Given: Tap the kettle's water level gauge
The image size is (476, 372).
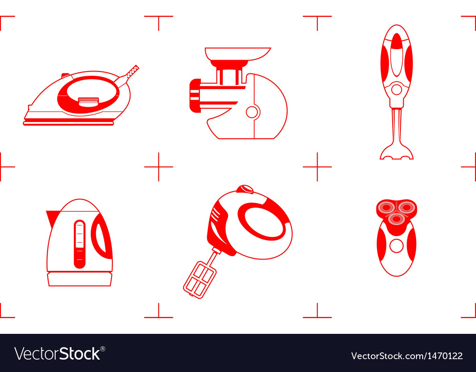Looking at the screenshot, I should click(79, 244).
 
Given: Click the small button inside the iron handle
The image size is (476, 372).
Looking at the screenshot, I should click(88, 101).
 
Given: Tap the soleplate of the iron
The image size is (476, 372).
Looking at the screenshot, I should click(69, 123).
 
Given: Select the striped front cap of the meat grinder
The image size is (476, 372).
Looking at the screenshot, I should click(195, 95).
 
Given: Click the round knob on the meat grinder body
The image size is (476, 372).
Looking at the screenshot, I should click(252, 112).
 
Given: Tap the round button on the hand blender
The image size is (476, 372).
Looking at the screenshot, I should click(396, 89).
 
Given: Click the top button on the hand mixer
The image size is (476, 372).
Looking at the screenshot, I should click(246, 189).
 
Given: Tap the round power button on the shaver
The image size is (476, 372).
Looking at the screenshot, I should click(396, 246).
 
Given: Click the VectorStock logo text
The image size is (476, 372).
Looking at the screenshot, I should click(60, 353).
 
